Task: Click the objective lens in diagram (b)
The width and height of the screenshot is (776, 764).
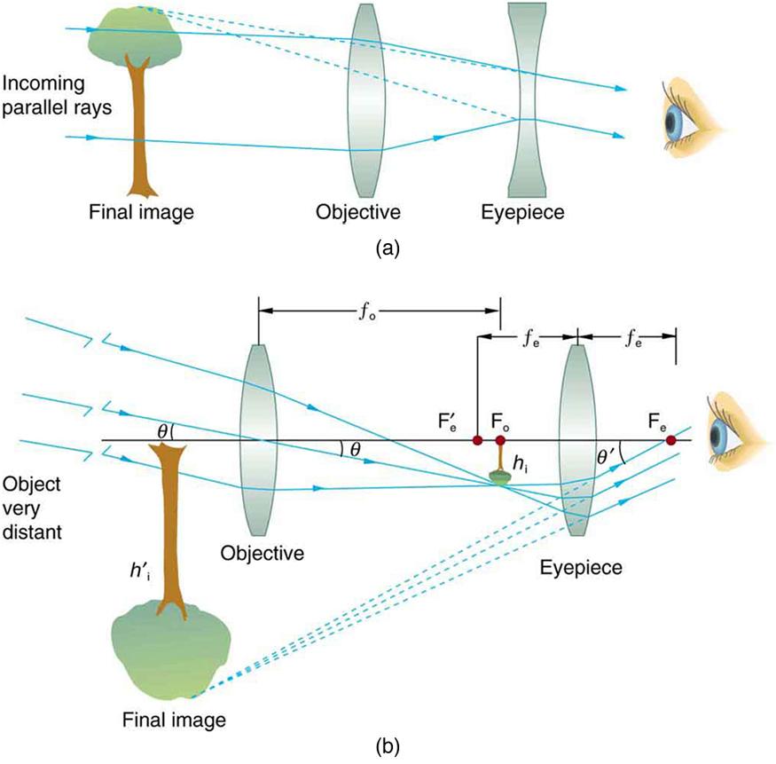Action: (x=258, y=438)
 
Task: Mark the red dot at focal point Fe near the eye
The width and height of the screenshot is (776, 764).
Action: (x=671, y=440)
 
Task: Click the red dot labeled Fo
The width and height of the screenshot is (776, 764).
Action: (x=501, y=441)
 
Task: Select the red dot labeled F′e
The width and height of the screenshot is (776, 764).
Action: (x=477, y=441)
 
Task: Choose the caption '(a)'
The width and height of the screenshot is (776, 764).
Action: (x=388, y=249)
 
